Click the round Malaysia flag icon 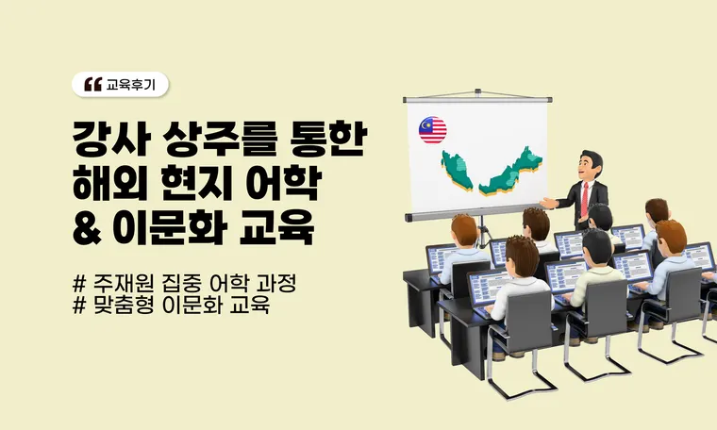point(433,130)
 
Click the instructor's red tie point(587,195)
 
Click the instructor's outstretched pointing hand point(548,202)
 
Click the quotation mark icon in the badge point(92,85)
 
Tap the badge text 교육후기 point(136,85)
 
